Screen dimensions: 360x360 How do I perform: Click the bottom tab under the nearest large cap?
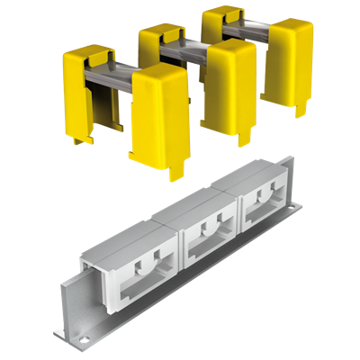pos(176,169)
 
